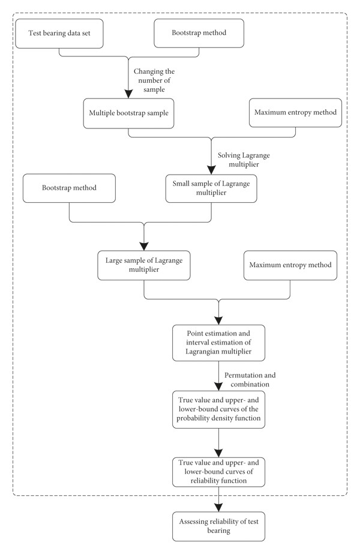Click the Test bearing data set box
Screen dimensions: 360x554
tap(59, 33)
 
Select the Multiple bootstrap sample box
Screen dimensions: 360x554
tap(128, 113)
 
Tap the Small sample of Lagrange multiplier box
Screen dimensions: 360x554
tap(211, 188)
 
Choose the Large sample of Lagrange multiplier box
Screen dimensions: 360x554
tap(144, 265)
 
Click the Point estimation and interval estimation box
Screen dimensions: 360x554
tap(218, 343)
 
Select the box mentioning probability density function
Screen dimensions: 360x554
tap(218, 409)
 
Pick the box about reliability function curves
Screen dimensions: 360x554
tap(218, 472)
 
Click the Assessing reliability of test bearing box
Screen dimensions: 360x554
tap(218, 526)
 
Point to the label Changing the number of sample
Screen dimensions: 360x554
tap(154, 80)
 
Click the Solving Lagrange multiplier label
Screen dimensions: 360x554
tap(244, 160)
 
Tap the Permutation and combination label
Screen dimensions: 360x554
tap(250, 380)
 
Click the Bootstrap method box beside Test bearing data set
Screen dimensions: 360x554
tap(199, 33)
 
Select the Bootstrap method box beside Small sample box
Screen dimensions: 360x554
tap(69, 188)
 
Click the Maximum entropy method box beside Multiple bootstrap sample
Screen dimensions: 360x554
tap(295, 113)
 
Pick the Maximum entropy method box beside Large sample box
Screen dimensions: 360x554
tap(290, 265)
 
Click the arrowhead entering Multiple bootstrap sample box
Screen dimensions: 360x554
tap(128, 94)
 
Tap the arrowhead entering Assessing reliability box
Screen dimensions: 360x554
tap(218, 507)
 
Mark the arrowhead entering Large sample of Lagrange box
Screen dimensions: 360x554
tap(144, 247)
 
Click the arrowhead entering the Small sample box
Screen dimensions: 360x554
tap(211, 170)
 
